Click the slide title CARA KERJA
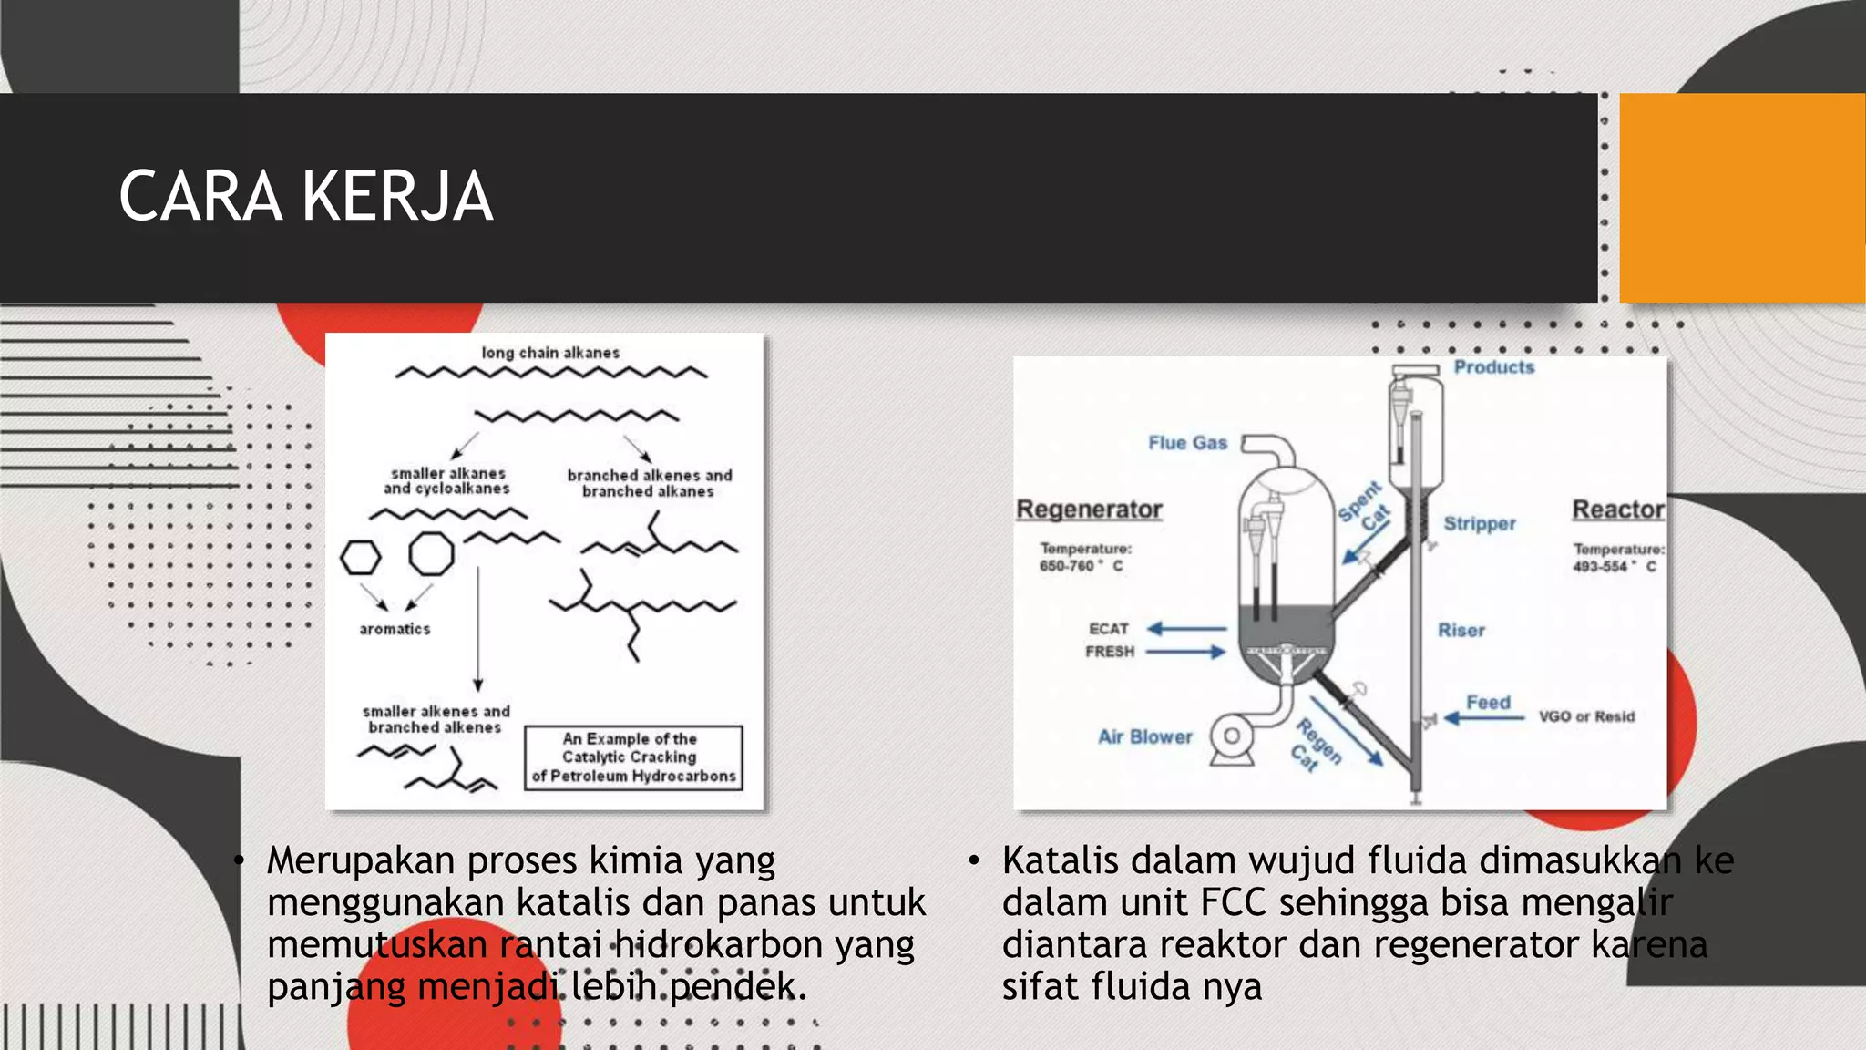pyautogui.click(x=306, y=197)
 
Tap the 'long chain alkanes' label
pyautogui.click(x=550, y=353)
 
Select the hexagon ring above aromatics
pyautogui.click(x=360, y=557)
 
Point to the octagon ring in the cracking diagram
pyautogui.click(x=431, y=553)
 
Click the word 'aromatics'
pyautogui.click(x=395, y=629)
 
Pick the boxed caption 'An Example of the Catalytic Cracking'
pyautogui.click(x=633, y=757)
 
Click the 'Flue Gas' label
pyautogui.click(x=1187, y=443)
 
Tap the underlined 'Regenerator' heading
pyautogui.click(x=1089, y=509)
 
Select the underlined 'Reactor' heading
pyautogui.click(x=1618, y=510)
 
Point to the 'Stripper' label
pyautogui.click(x=1480, y=524)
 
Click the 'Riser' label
pyautogui.click(x=1461, y=631)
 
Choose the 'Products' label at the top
pyautogui.click(x=1493, y=367)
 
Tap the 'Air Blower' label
pyautogui.click(x=1144, y=737)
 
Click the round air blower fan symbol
pyautogui.click(x=1231, y=736)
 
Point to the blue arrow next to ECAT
pyautogui.click(x=1186, y=629)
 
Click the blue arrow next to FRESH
pyautogui.click(x=1185, y=652)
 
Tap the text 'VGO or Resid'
pyautogui.click(x=1586, y=717)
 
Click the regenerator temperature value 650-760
pyautogui.click(x=1066, y=566)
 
